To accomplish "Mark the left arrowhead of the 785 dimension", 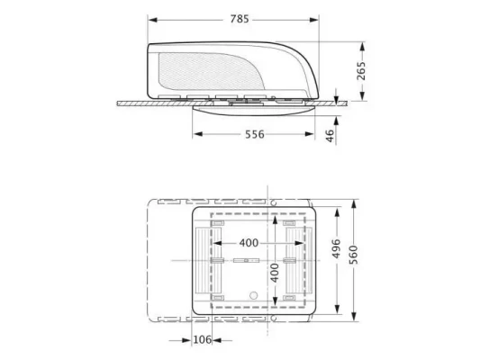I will [x=151, y=19].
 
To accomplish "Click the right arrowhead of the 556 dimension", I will [x=315, y=135].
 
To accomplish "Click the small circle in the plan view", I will [x=253, y=294].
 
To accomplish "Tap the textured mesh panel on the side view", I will [x=204, y=72].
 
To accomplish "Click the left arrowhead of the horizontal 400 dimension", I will [x=215, y=243].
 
